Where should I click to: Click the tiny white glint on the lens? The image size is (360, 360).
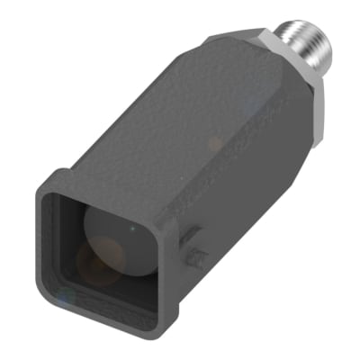pyautogui.click(x=133, y=229)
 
